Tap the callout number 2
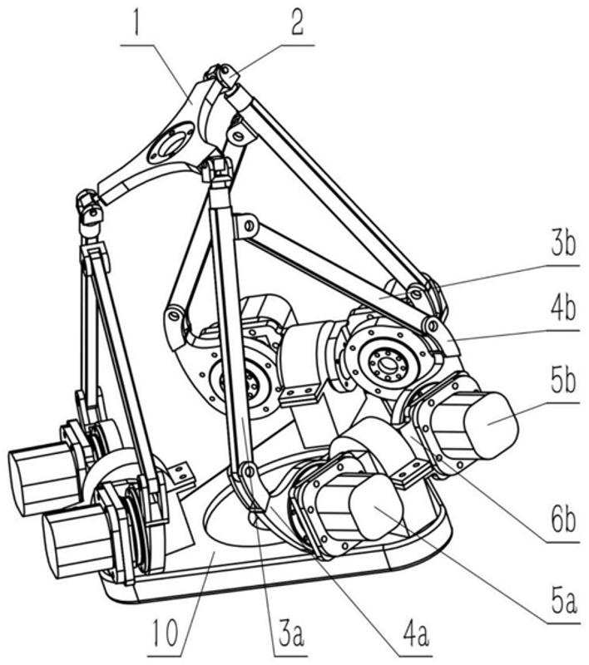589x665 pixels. point(297,22)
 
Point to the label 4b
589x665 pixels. point(563,308)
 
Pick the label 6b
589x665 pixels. point(563,520)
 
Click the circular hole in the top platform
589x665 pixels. point(171,143)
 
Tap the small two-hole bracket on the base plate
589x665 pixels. point(181,473)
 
